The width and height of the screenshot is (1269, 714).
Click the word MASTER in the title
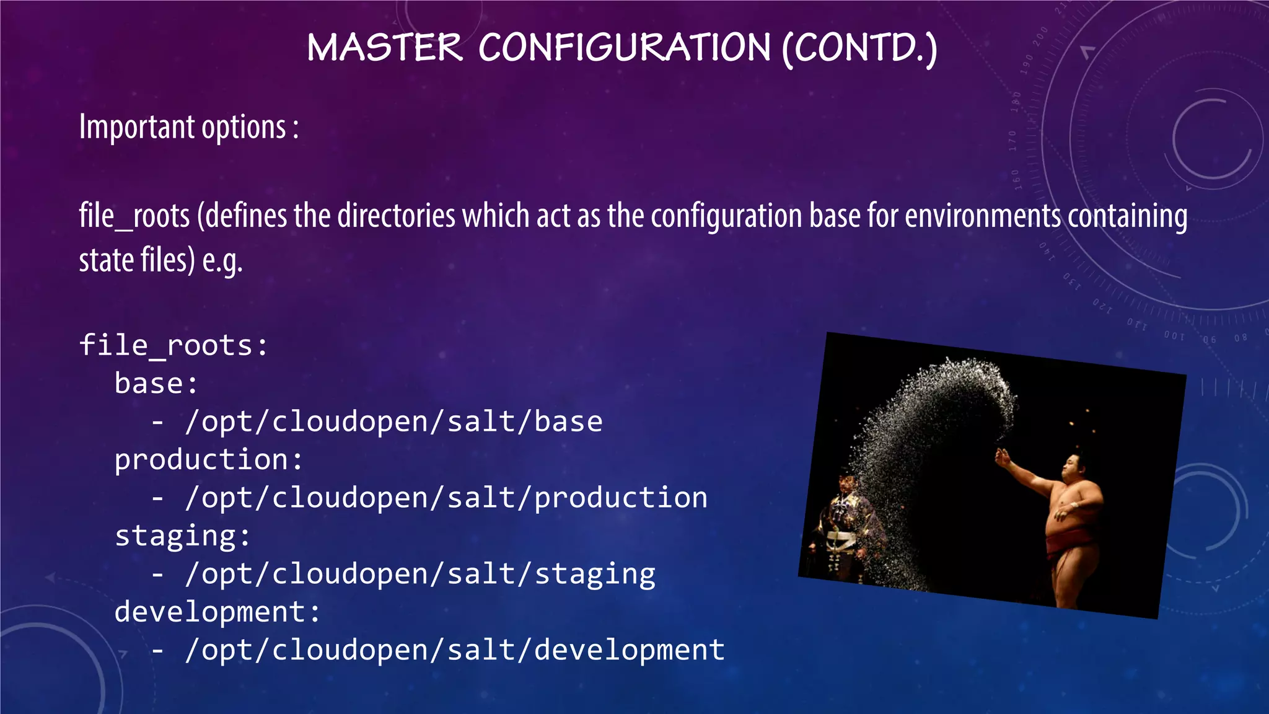tap(385, 48)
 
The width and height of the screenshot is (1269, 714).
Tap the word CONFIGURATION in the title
tap(625, 48)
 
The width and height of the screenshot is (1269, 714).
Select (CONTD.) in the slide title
tap(859, 49)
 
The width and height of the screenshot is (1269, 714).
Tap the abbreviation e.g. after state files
tap(222, 260)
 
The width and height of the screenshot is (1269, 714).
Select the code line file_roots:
tap(174, 345)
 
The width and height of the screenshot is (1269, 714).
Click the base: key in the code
tap(156, 384)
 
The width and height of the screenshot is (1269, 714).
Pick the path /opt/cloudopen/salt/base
tap(393, 422)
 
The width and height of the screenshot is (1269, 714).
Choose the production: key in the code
tap(209, 460)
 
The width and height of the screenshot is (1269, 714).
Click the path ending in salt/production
tap(446, 498)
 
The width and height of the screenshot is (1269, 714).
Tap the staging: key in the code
tap(183, 536)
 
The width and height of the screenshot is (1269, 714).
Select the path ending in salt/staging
tap(420, 575)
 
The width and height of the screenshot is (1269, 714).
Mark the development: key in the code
tap(217, 612)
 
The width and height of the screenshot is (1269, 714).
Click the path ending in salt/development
tap(455, 650)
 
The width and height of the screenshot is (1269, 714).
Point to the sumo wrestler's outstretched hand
tap(1000, 458)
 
